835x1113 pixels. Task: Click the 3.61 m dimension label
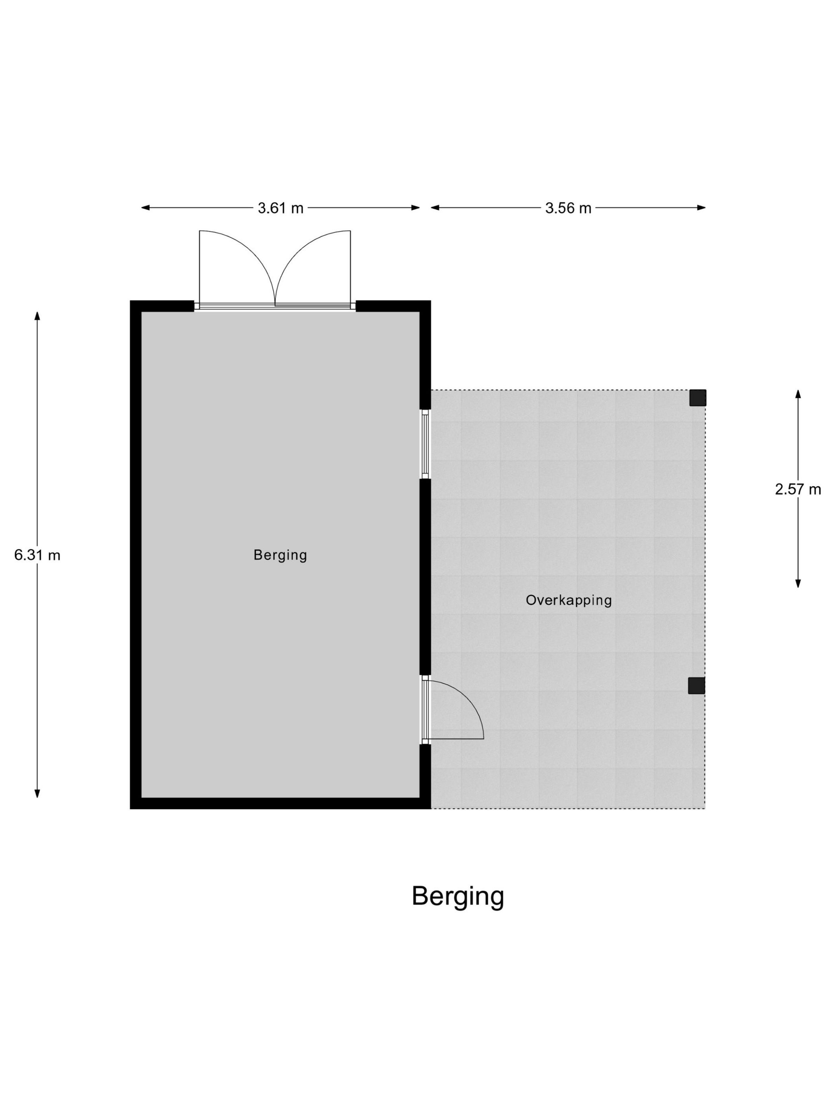pyautogui.click(x=280, y=208)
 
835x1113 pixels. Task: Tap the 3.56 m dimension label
pyautogui.click(x=568, y=208)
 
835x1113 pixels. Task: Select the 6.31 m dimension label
pyautogui.click(x=37, y=555)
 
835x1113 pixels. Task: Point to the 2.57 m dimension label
pyautogui.click(x=798, y=489)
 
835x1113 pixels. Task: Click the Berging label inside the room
pyautogui.click(x=280, y=555)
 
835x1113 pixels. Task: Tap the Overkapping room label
pyautogui.click(x=569, y=600)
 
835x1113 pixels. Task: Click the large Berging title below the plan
pyautogui.click(x=458, y=896)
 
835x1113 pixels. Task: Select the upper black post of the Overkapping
pyautogui.click(x=697, y=397)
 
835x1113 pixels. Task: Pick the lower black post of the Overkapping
pyautogui.click(x=696, y=685)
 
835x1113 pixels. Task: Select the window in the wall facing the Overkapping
pyautogui.click(x=425, y=444)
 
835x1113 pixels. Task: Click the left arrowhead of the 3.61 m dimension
pyautogui.click(x=146, y=208)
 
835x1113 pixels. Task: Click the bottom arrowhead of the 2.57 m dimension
pyautogui.click(x=798, y=583)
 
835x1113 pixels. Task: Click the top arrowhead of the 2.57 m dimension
pyautogui.click(x=798, y=394)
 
